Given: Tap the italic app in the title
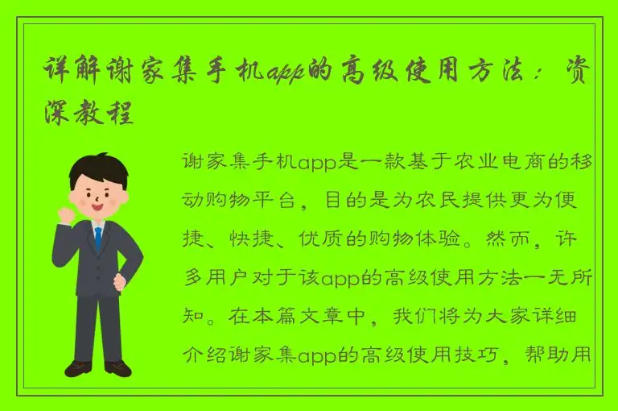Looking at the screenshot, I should coord(285,73).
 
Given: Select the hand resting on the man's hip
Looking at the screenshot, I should coord(121,282).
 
